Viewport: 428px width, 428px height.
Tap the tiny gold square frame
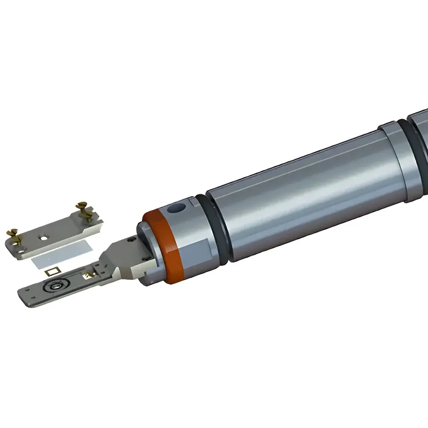click(53, 271)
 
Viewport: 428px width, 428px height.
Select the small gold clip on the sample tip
click(91, 273)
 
